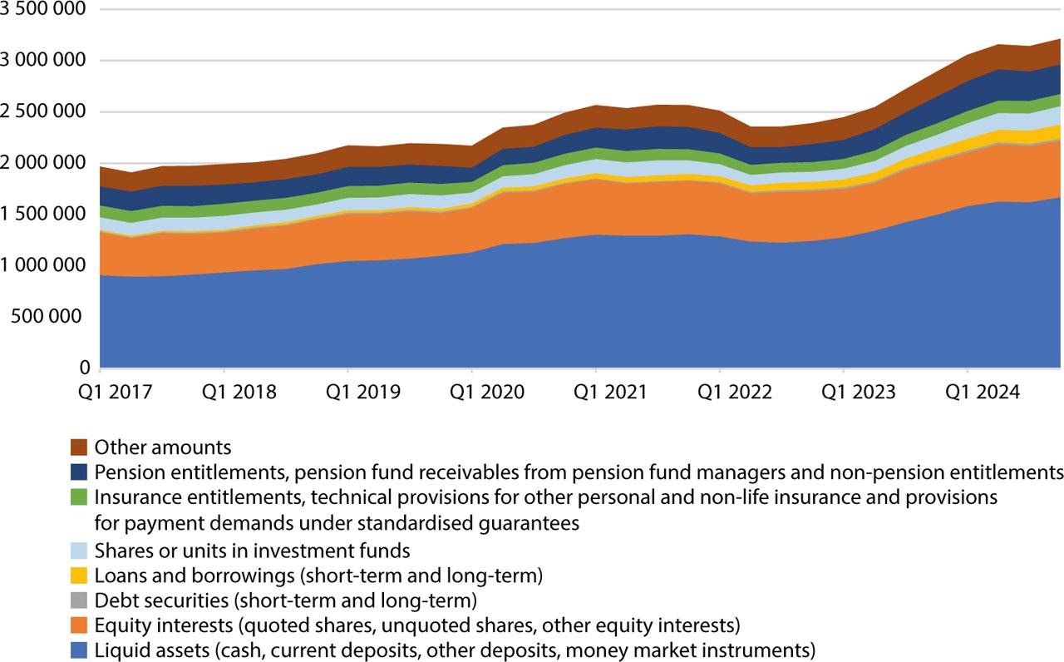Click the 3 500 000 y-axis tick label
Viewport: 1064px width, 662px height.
(x=43, y=9)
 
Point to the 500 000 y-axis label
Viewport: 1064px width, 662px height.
(x=54, y=316)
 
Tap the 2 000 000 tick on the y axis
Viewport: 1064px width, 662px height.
(x=43, y=163)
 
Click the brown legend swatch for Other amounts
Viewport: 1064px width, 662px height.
(x=79, y=447)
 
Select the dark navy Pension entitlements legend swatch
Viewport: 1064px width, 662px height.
(x=79, y=472)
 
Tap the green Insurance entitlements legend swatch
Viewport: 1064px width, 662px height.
(x=79, y=498)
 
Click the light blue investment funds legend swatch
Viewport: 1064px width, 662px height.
(x=79, y=550)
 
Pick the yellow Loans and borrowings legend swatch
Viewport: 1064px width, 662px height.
(x=79, y=575)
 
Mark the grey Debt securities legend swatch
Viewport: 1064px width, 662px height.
(x=79, y=600)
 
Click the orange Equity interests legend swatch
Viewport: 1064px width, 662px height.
(x=79, y=625)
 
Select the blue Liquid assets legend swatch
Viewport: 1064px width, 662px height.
(x=79, y=650)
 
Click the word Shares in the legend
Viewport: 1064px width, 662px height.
(x=119, y=550)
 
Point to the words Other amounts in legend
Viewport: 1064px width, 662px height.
(x=163, y=447)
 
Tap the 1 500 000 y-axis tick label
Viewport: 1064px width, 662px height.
(x=43, y=214)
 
